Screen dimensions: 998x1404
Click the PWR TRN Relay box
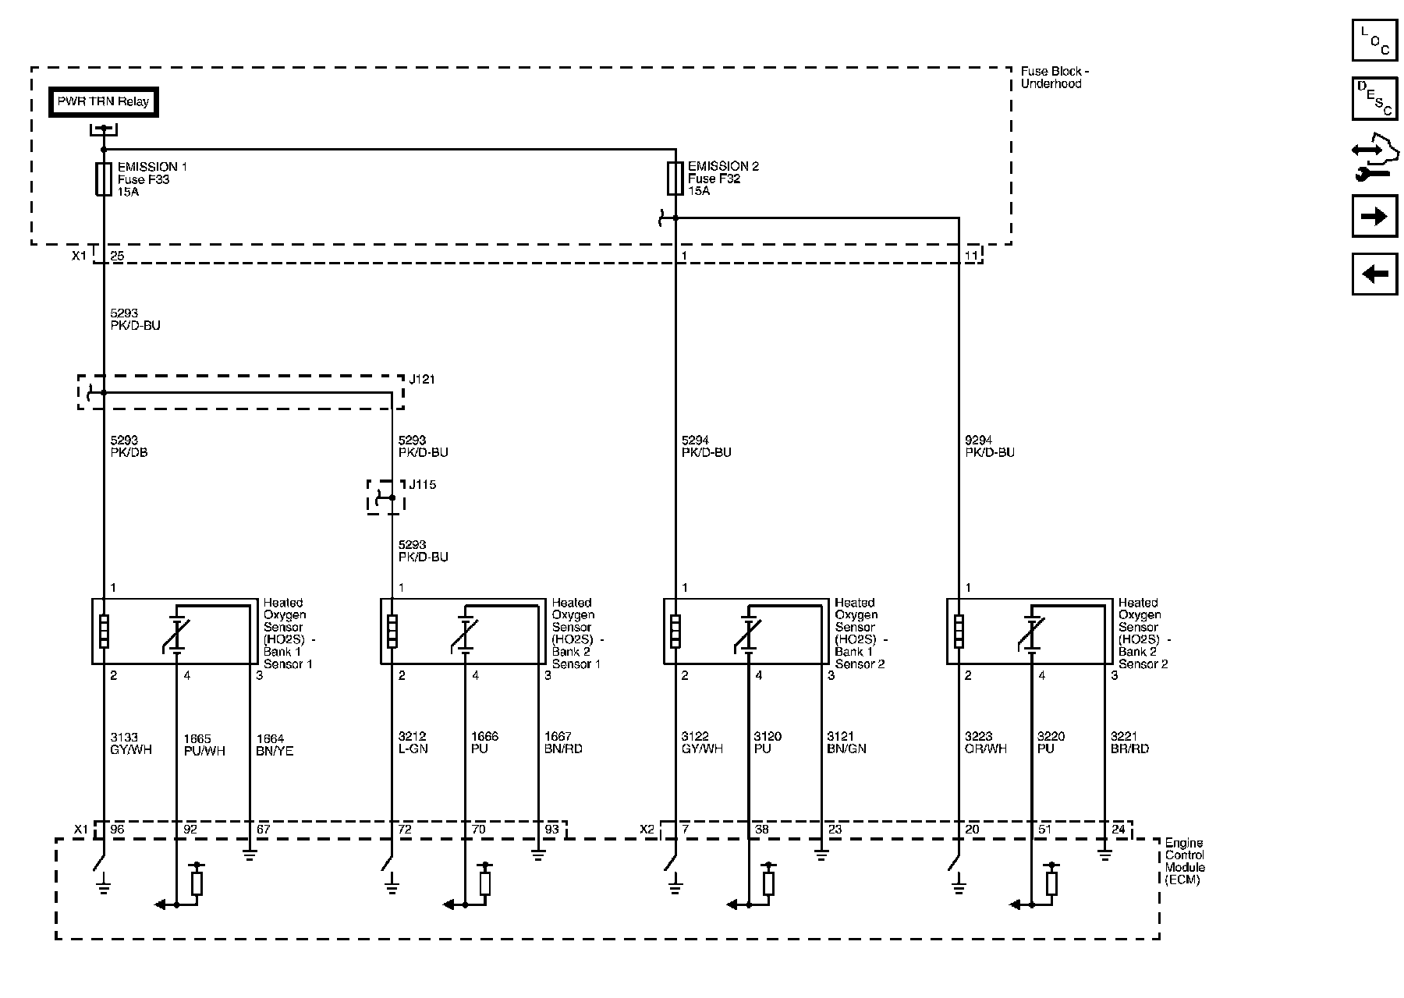click(x=104, y=102)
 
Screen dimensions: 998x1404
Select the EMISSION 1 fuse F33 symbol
click(x=103, y=179)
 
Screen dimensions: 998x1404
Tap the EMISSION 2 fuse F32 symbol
click(x=675, y=178)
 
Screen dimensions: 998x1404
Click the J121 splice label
click(x=422, y=380)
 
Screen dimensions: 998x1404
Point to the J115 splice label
click(x=422, y=485)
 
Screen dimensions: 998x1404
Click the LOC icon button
click(x=1374, y=40)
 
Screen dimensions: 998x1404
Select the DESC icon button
click(x=1374, y=98)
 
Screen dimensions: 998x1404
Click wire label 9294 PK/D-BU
click(x=990, y=447)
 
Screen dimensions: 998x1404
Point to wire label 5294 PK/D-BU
click(x=706, y=447)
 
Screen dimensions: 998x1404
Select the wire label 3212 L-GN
click(x=413, y=742)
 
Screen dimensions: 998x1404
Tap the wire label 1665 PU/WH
click(x=204, y=745)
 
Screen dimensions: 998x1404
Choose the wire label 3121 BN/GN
click(x=846, y=742)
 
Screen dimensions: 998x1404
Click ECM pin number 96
click(x=117, y=830)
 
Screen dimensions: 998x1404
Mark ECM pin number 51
click(x=1044, y=830)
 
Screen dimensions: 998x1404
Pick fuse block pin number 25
click(x=117, y=256)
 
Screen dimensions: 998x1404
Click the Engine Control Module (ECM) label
click(x=1185, y=862)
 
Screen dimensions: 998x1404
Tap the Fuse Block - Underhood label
click(x=1054, y=77)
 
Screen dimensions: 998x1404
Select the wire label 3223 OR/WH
click(x=985, y=742)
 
